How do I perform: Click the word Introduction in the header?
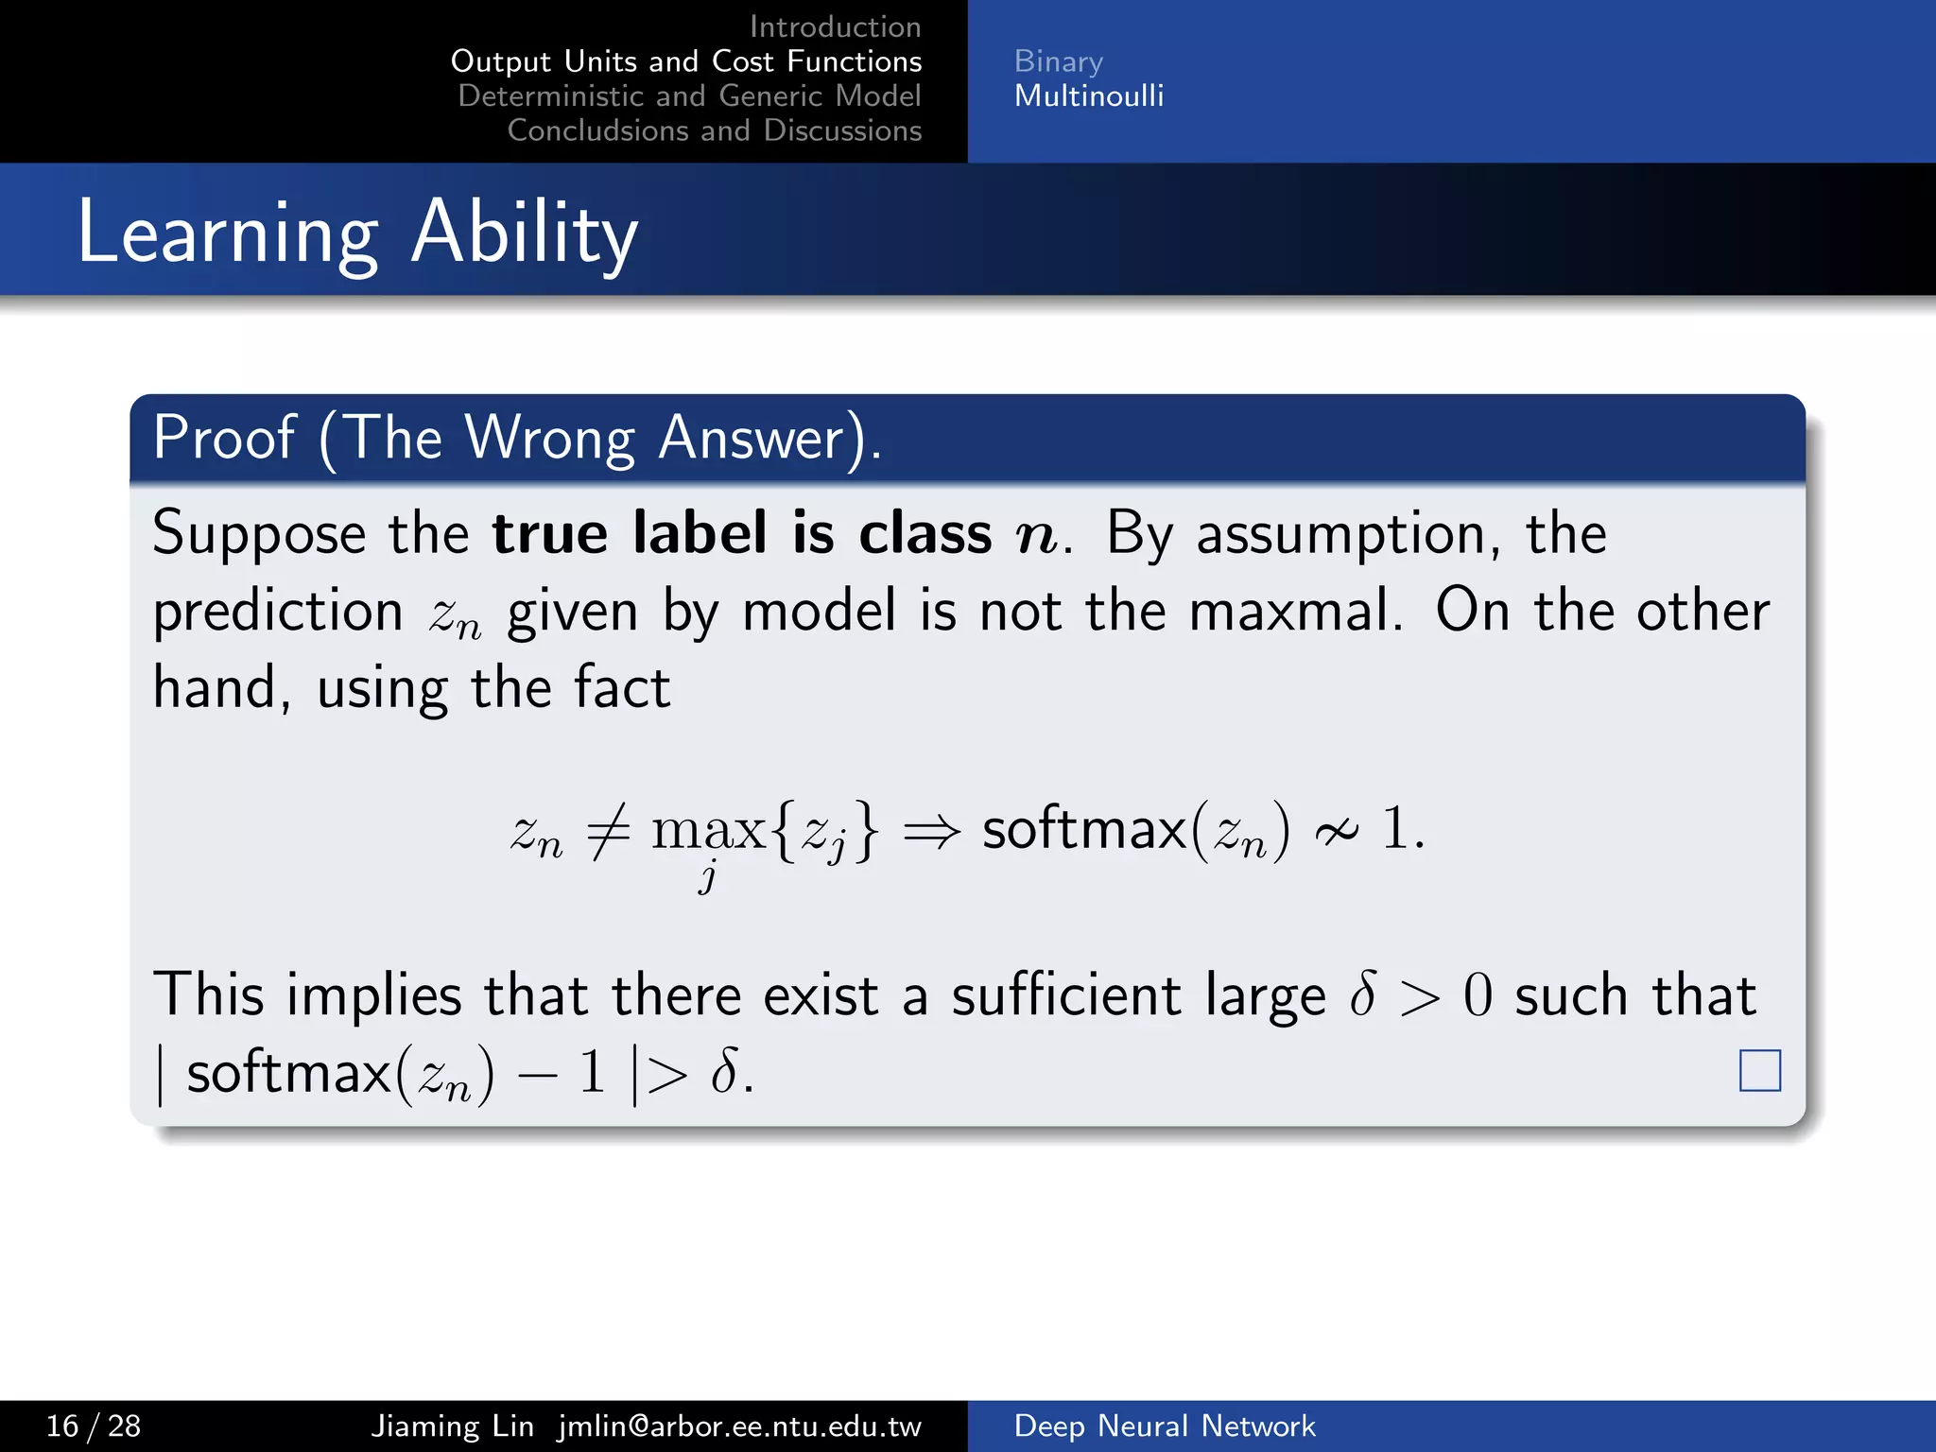(835, 26)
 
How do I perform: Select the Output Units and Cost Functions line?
(686, 61)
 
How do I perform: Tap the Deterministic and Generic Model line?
(689, 95)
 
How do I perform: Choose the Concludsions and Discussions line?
(714, 130)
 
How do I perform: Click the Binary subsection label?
(1058, 61)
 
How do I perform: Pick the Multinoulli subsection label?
(1088, 95)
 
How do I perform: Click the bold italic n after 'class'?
(1036, 535)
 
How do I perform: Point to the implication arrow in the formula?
(931, 832)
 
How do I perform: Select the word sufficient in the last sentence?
(1065, 995)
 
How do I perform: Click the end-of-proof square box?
(1759, 1070)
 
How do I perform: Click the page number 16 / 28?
(94, 1426)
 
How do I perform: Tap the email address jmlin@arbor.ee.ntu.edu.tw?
(739, 1426)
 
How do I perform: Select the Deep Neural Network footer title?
(1164, 1426)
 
